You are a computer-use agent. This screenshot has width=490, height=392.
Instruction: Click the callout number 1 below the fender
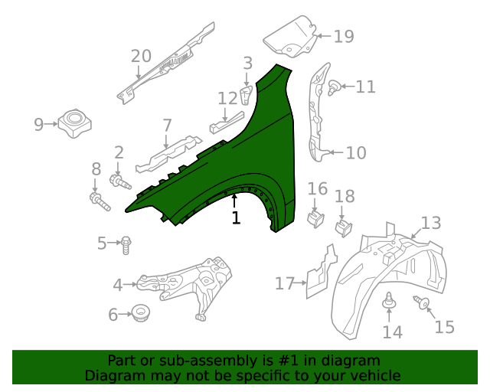point(236,218)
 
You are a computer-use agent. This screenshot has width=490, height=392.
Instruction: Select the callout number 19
point(344,36)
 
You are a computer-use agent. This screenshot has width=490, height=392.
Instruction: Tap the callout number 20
point(141,56)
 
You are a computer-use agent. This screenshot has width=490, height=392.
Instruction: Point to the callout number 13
point(431,223)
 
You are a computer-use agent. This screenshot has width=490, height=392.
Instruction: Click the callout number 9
point(39,123)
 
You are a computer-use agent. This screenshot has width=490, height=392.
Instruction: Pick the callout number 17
point(285,284)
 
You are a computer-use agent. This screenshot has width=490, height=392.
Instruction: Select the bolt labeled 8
point(98,201)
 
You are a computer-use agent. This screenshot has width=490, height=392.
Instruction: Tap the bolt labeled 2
point(121,182)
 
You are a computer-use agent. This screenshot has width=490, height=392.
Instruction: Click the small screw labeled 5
point(127,244)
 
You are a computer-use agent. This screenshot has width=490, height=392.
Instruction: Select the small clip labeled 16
point(315,217)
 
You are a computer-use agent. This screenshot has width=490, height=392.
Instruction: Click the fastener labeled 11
point(333,88)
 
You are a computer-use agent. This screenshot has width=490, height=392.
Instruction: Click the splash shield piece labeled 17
point(320,272)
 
